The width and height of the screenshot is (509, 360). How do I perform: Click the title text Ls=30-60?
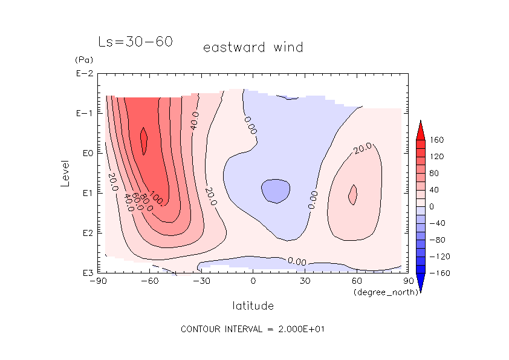pos(135,42)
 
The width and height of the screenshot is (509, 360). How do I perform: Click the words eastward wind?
pos(253,47)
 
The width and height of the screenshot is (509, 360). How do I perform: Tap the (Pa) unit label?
pos(83,61)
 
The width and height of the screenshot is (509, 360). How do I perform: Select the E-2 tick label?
pos(83,74)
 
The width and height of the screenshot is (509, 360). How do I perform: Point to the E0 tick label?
pos(85,153)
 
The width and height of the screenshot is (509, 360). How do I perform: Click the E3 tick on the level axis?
pos(85,273)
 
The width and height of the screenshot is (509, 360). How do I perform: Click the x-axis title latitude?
pos(253,306)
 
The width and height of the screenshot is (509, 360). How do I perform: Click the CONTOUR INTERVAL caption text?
pos(254,329)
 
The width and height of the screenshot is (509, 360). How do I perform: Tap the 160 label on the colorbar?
pos(436,140)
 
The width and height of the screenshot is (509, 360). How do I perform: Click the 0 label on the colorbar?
pos(432,207)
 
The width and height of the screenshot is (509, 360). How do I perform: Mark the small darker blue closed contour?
pos(275,191)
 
